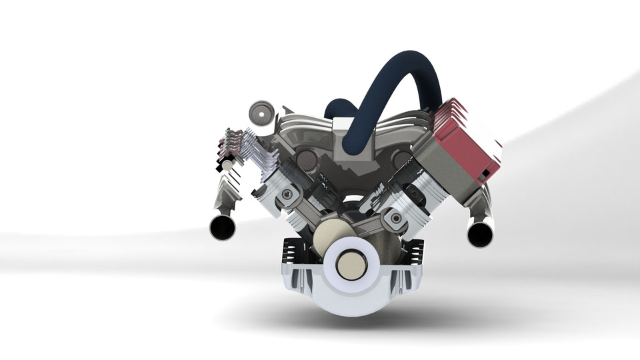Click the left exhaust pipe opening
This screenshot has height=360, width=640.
[x=222, y=228]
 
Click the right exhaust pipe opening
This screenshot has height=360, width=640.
[x=479, y=234]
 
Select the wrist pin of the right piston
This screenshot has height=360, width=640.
[x=396, y=218]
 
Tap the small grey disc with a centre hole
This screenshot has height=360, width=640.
[x=261, y=113]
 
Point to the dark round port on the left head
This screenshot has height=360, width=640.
[x=307, y=159]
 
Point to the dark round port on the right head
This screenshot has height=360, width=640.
[x=401, y=159]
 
